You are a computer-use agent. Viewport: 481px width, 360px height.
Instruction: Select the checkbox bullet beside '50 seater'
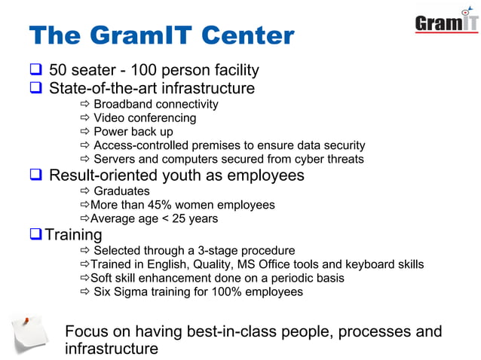click(x=35, y=71)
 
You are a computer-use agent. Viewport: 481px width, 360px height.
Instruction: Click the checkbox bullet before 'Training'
click(x=35, y=234)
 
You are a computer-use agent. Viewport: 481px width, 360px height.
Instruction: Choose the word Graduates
click(x=121, y=191)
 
